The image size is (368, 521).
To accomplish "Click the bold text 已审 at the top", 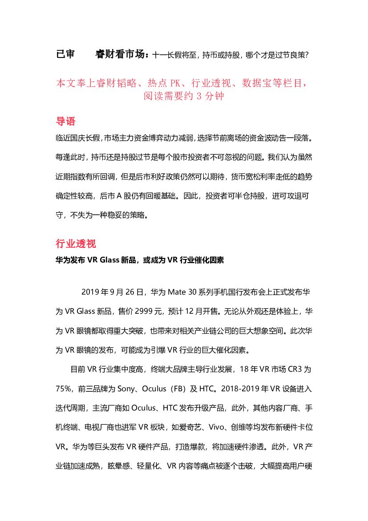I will [x=65, y=54].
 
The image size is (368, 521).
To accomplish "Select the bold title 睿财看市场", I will [x=120, y=54].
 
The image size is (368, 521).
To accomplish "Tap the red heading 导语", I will [x=65, y=121].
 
